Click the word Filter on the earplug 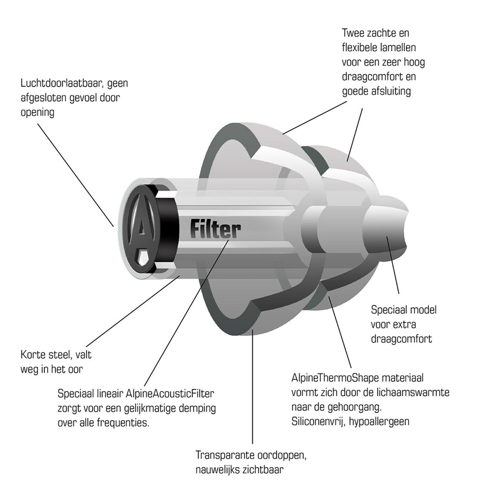click(215, 229)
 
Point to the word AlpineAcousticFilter click(170, 393)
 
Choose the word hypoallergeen click(379, 422)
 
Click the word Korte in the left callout click(33, 355)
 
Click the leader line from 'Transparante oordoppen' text click(252, 386)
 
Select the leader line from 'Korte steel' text click(132, 311)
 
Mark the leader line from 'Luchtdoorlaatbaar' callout click(75, 175)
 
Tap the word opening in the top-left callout click(37, 113)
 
